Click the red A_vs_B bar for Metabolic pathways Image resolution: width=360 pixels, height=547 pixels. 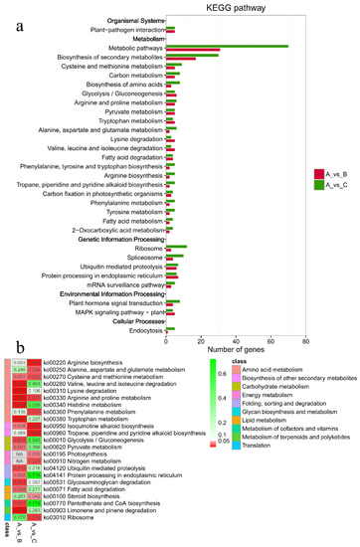coord(193,50)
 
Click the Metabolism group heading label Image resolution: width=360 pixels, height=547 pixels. coord(140,38)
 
